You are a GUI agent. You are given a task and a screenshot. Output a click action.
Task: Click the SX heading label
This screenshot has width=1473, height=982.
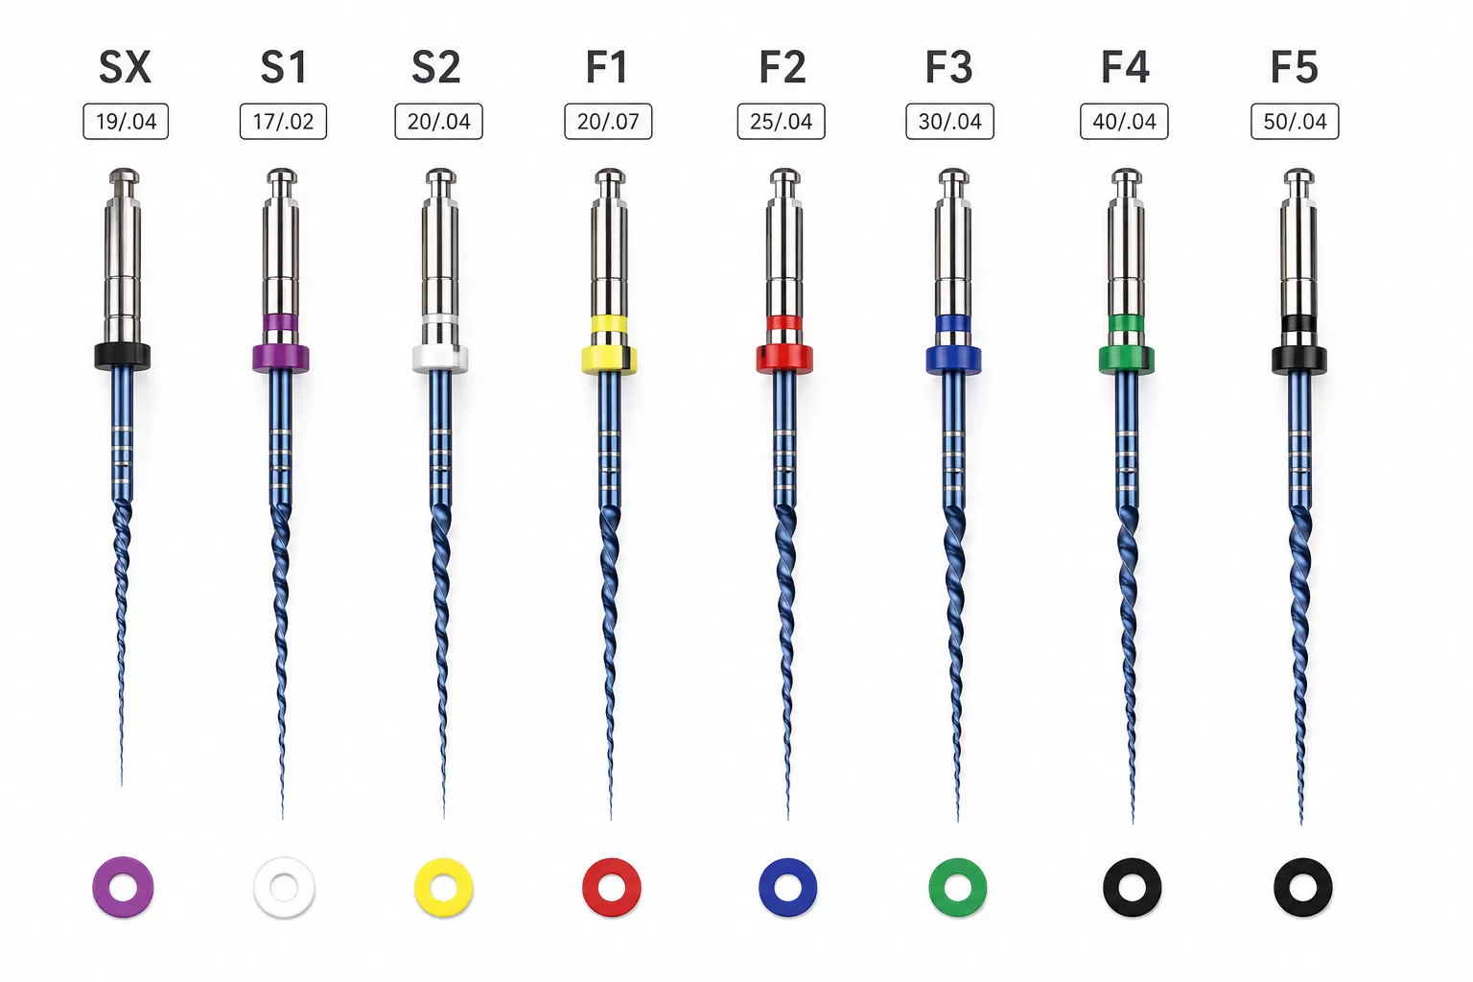tap(125, 67)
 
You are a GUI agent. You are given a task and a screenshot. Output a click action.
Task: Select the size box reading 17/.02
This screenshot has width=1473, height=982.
tap(283, 121)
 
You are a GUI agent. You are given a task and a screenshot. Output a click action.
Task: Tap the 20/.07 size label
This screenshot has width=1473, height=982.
tap(608, 121)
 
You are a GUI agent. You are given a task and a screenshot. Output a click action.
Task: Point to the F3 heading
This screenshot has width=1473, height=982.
tap(948, 67)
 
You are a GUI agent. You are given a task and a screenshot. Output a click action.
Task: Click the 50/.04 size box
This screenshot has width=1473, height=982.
tap(1295, 121)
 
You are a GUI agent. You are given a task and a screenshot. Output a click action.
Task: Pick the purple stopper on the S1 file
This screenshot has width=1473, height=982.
tap(281, 359)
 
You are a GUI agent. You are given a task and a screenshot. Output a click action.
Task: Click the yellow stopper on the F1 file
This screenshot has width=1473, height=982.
tap(609, 360)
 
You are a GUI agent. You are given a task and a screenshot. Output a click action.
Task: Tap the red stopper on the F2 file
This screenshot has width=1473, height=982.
tap(784, 360)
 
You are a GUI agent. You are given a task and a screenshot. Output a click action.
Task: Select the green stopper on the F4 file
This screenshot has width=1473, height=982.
tap(1127, 360)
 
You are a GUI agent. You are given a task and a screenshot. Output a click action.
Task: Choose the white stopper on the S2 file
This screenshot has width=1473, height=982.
tap(440, 359)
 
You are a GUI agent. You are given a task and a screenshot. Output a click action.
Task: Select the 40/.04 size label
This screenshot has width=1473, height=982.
tap(1125, 121)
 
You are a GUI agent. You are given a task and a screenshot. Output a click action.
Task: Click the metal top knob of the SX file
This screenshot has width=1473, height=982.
tap(124, 176)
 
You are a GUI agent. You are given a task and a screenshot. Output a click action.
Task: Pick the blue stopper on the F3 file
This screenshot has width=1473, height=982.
tap(953, 360)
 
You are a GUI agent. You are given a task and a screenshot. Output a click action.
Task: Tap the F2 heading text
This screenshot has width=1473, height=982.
tap(782, 67)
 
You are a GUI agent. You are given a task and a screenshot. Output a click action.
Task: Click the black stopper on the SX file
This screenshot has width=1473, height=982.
tap(123, 357)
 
